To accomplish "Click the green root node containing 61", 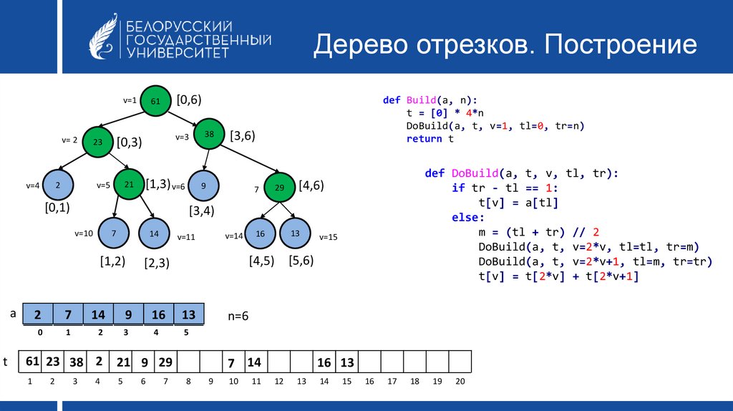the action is [155, 100].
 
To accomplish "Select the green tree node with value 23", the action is [97, 142].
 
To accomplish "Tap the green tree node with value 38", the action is [209, 134].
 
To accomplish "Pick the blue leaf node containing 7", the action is [114, 233].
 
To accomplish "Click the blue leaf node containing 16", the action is [261, 233].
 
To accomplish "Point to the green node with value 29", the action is [280, 187].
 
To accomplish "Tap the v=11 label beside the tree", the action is [186, 237].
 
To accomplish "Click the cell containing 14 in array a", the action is [98, 314].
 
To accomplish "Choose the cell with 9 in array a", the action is [129, 314].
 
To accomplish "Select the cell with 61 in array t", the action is [30, 362].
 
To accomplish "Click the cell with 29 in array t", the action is [166, 362].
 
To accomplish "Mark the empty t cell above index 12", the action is [279, 362].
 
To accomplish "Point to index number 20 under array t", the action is [460, 382].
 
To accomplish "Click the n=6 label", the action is [238, 316].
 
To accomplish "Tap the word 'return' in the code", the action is [424, 139].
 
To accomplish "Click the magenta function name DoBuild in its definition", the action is [475, 173].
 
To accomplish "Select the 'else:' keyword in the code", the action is [468, 218].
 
